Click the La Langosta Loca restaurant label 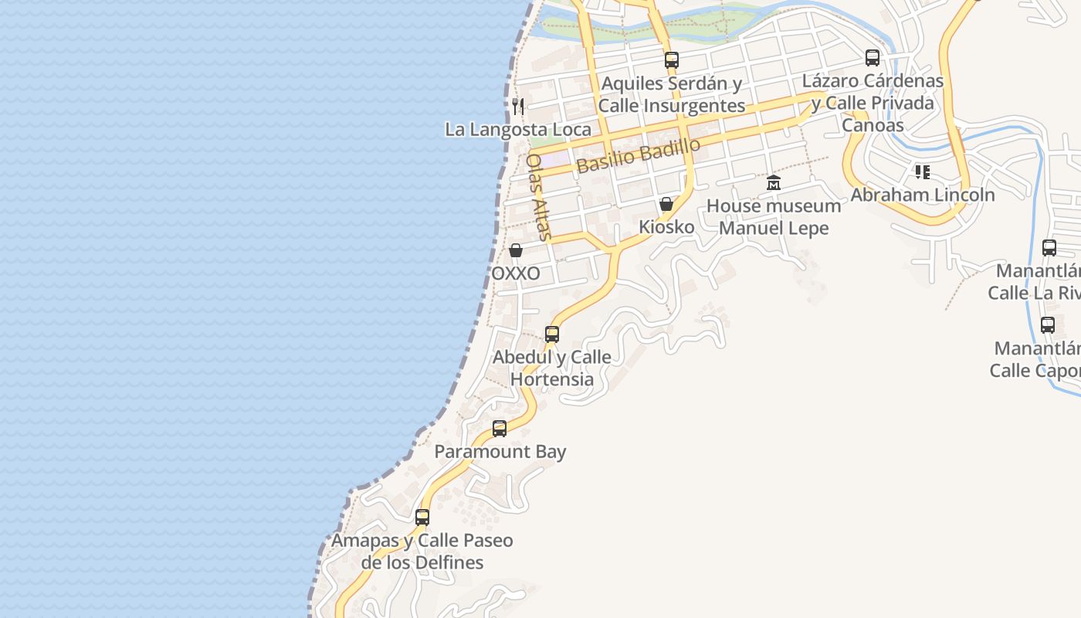pos(517,130)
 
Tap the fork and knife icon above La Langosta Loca pos(518,107)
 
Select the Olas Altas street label pos(538,197)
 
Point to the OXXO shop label pos(516,274)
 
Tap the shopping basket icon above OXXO pos(516,251)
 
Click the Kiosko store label pos(666,228)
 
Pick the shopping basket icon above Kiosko pos(666,205)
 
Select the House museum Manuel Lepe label pos(774,217)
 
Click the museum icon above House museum pos(774,183)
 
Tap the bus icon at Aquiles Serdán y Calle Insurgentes pos(672,59)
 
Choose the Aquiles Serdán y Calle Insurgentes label pos(672,94)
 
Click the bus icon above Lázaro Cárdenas pos(873,58)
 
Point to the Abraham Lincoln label pos(922,195)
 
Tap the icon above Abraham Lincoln pos(922,171)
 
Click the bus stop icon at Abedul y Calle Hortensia pos(552,334)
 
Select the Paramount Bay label pos(500,452)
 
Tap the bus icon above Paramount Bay pos(500,429)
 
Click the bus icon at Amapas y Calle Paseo pos(422,518)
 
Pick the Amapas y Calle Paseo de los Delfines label pos(422,552)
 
